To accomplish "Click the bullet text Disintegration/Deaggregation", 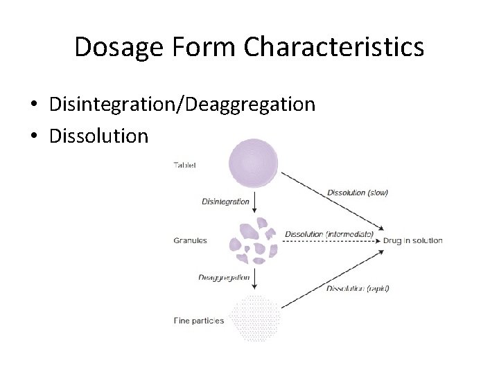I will (182, 105).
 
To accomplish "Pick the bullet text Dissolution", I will (99, 136).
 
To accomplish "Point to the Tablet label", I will (185, 166).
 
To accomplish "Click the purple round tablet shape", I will (254, 163).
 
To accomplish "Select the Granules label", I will (189, 241).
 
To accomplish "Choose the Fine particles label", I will (198, 320).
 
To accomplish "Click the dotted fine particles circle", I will (254, 318).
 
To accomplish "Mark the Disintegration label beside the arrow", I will (225, 202).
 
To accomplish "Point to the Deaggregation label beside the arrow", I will (224, 278).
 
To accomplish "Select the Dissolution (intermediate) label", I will (330, 234).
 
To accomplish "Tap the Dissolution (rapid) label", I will (357, 288).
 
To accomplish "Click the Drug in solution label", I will (412, 240).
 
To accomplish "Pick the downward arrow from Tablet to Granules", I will (255, 203).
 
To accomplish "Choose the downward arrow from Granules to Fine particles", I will (255, 278).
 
